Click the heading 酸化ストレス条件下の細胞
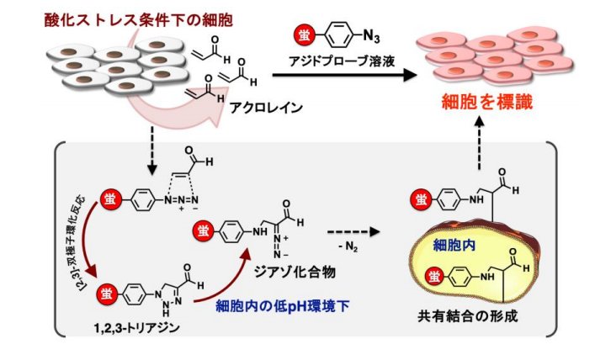pos(118,19)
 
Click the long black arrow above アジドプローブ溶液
pos(344,76)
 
